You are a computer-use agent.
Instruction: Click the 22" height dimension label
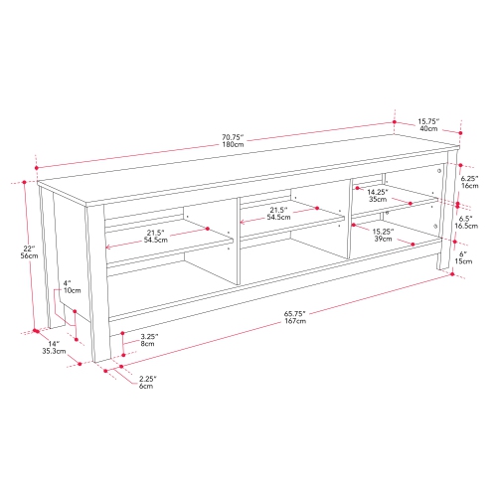point(27,247)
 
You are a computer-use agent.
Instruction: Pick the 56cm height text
point(28,256)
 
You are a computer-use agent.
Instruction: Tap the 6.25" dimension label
point(470,176)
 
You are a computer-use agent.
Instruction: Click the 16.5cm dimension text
point(471,227)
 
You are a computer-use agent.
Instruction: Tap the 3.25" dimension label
point(147,336)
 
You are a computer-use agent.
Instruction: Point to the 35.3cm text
point(54,351)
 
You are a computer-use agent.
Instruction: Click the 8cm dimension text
point(147,345)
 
